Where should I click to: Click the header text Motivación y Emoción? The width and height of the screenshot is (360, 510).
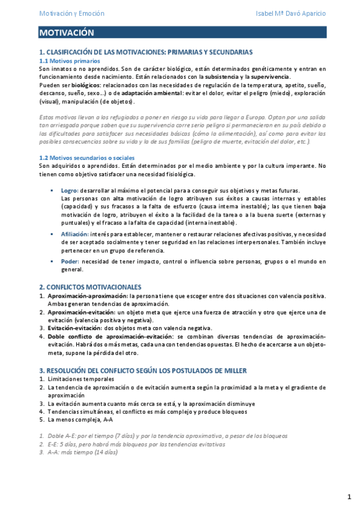point(72,13)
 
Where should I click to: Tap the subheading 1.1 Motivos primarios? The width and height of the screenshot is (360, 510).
point(69,61)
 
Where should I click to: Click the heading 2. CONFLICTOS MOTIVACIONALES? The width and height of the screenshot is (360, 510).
point(90,287)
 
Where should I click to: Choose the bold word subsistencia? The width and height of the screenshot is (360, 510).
point(227,77)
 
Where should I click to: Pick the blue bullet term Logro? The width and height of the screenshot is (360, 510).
point(69,190)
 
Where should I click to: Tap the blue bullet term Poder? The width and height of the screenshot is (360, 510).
point(70,262)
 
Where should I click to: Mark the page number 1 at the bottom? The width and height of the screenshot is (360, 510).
point(349,497)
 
